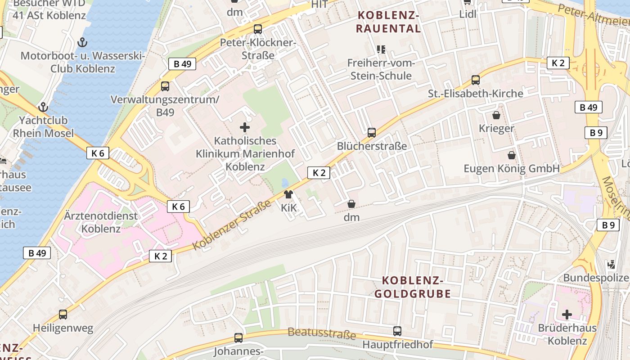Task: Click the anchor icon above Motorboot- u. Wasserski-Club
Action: (x=82, y=43)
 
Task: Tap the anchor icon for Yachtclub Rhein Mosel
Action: (x=43, y=108)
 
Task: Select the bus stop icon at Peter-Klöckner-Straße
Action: (x=258, y=29)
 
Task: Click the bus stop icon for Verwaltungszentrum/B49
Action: (x=165, y=86)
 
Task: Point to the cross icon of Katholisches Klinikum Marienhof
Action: (x=245, y=128)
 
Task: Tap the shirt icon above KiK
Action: (x=288, y=195)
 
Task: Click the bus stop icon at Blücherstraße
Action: (x=372, y=133)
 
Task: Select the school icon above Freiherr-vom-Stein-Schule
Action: (x=381, y=49)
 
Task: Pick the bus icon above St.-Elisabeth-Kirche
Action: (x=476, y=81)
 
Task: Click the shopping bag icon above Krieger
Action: (x=496, y=116)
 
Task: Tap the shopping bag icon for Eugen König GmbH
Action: (x=512, y=156)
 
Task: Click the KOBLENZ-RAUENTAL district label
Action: (x=388, y=22)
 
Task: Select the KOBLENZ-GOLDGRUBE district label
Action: (x=416, y=287)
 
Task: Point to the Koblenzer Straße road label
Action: (x=232, y=225)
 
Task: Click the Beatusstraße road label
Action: (x=321, y=334)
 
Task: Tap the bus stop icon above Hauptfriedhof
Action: (x=397, y=331)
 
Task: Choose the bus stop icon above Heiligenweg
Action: (x=63, y=315)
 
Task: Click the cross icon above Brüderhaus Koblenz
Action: (x=567, y=314)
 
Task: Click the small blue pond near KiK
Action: (x=285, y=183)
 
